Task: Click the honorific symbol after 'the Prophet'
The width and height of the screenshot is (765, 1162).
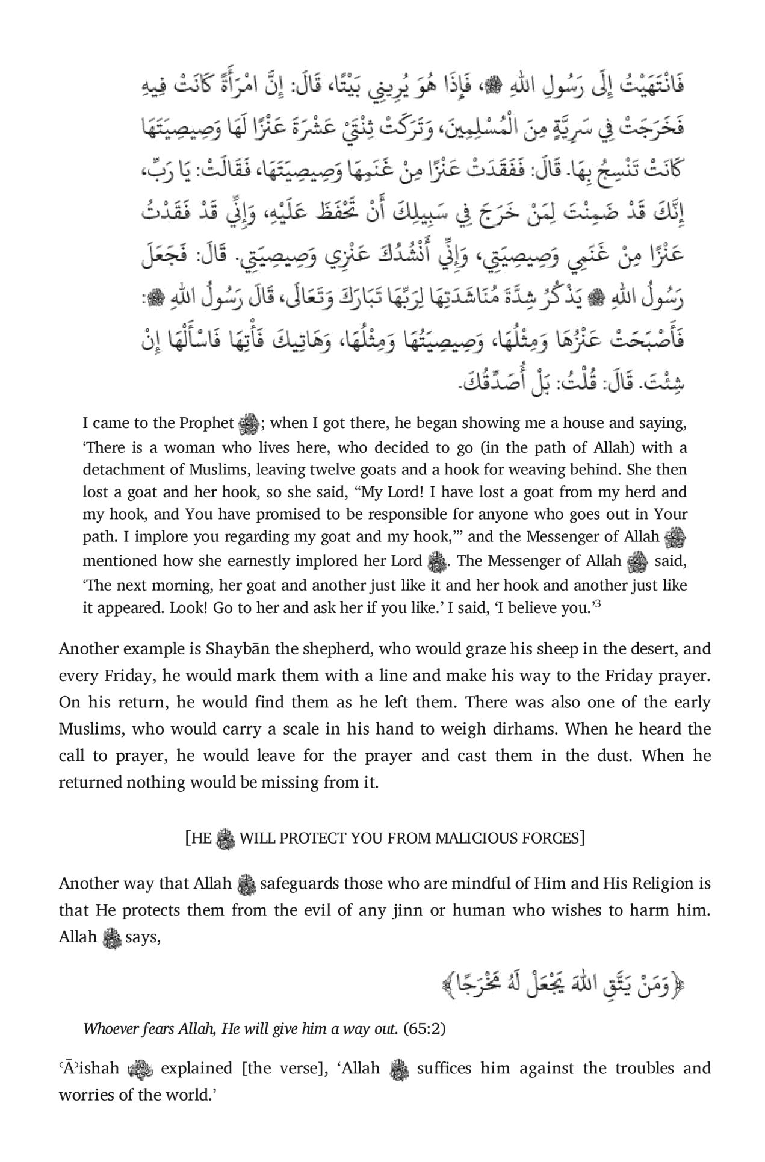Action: pos(248,424)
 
